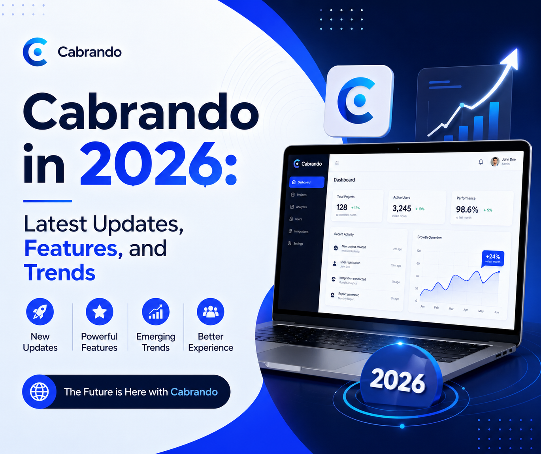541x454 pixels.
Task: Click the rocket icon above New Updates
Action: [40, 311]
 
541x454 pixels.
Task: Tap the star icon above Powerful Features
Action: [99, 311]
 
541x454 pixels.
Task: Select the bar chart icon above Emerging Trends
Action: [156, 311]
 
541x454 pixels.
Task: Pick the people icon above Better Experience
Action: [211, 311]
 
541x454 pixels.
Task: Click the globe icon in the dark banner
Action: [40, 392]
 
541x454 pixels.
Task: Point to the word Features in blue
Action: [71, 249]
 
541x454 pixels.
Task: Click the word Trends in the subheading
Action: [60, 273]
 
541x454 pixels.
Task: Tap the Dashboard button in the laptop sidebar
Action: [306, 182]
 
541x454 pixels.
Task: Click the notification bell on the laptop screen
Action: [481, 162]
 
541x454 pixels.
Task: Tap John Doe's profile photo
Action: [495, 161]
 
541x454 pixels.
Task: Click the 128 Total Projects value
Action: [342, 207]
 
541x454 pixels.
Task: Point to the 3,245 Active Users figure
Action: [402, 209]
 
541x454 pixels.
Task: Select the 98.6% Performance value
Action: [467, 209]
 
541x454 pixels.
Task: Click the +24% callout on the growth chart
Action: [493, 258]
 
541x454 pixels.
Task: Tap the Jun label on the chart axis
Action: [496, 312]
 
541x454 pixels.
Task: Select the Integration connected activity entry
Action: [352, 279]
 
